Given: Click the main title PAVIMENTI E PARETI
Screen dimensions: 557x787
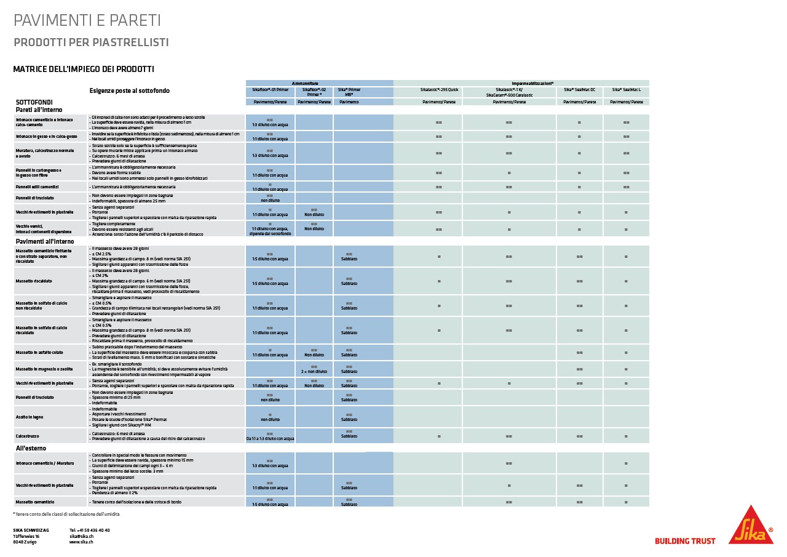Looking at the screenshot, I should (x=87, y=20).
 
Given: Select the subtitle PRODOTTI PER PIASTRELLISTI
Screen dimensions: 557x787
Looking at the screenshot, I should (x=91, y=42).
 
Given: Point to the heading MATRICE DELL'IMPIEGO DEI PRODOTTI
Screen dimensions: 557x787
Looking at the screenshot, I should (x=84, y=70).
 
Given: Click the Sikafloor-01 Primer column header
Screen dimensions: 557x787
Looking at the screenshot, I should (x=270, y=90).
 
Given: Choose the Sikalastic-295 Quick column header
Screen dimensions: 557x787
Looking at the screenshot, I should (x=439, y=90).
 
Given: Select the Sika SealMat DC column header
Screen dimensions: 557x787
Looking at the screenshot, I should (x=579, y=90).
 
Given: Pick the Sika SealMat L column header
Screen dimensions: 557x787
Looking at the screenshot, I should (x=625, y=90).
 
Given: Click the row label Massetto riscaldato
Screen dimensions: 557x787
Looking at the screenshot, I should (x=34, y=281).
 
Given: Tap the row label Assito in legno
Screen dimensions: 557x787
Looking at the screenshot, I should (x=30, y=417).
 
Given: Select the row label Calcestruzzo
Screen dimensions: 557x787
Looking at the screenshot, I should (x=28, y=436).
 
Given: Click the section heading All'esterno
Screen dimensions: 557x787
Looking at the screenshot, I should (x=31, y=448).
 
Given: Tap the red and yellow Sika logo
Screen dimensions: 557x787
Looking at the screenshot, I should (x=751, y=526).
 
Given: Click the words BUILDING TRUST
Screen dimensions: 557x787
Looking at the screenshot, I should (x=685, y=541).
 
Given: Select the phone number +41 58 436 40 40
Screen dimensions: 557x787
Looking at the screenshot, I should (x=90, y=530).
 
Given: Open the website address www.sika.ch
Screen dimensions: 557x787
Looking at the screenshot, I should (x=81, y=542).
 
